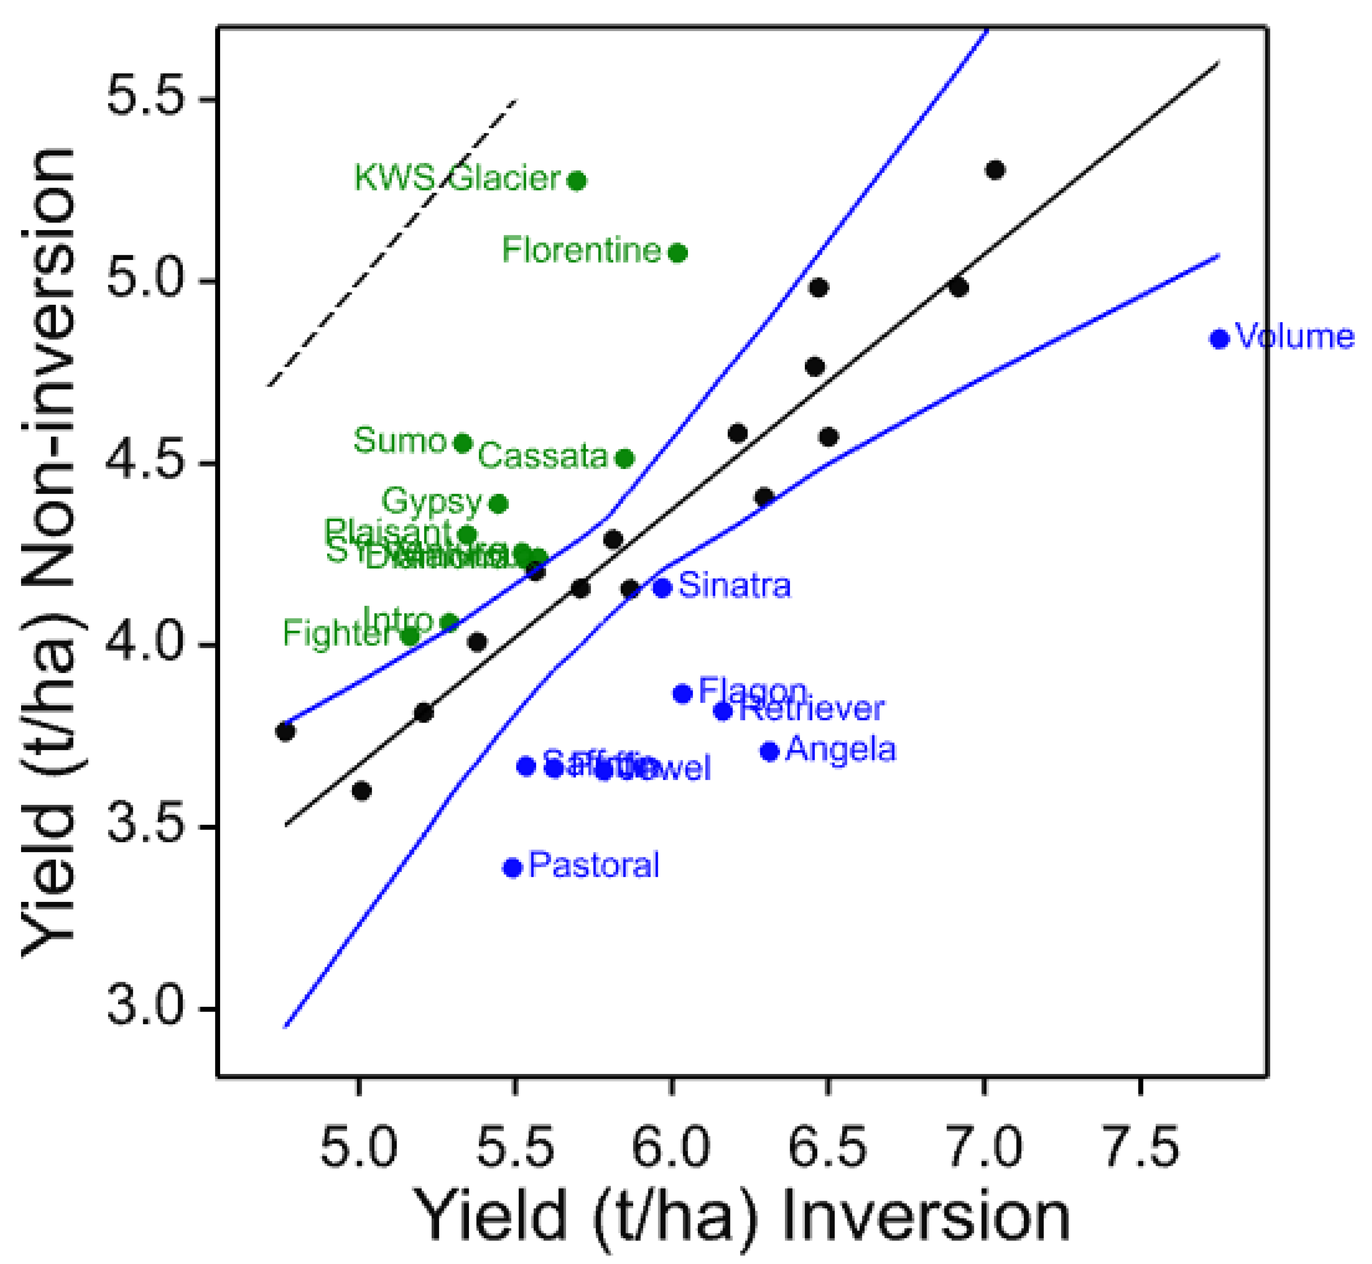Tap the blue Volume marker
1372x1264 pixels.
(x=1219, y=339)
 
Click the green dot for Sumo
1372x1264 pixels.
(x=463, y=443)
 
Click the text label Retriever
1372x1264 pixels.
(x=812, y=710)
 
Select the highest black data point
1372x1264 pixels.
(x=995, y=170)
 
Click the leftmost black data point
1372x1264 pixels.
(x=285, y=732)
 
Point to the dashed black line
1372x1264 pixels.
(x=392, y=243)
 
